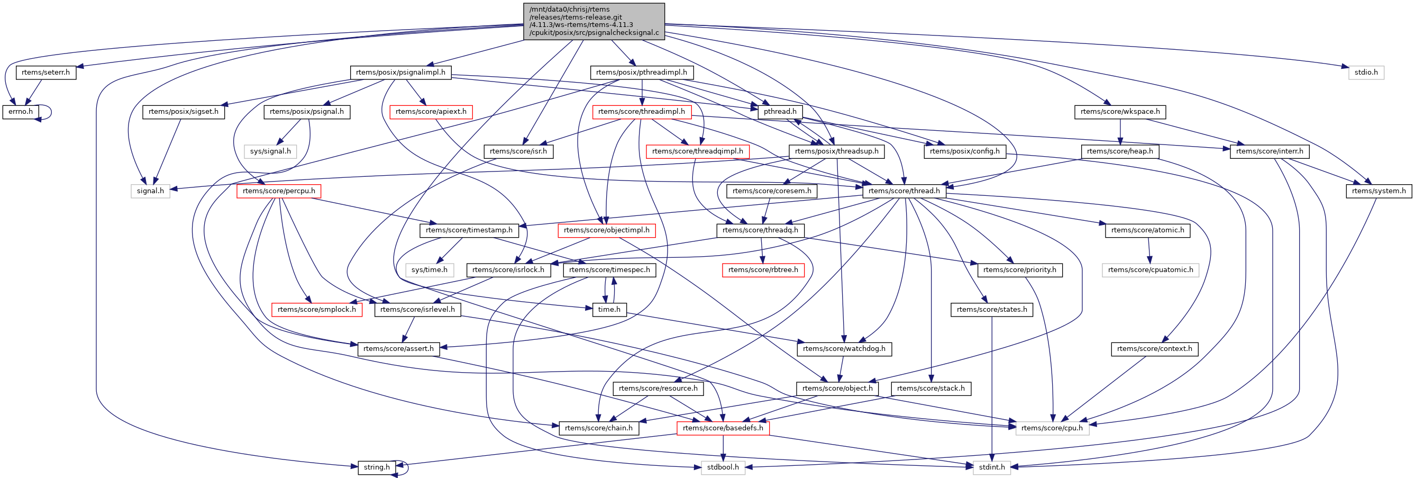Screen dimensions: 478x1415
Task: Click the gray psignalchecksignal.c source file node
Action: (594, 21)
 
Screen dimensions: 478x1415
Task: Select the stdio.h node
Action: (1366, 73)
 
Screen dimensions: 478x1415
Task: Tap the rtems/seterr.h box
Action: (45, 73)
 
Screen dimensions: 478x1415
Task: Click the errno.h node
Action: (21, 112)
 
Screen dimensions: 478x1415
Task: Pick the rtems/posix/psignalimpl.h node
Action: (400, 73)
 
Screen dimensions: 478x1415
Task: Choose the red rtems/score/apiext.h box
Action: (431, 112)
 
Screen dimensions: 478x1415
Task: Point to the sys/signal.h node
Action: (270, 151)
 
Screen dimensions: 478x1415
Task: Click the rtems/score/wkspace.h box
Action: (1120, 112)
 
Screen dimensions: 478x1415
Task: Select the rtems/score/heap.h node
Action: (1119, 151)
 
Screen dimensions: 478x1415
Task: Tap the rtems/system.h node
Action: (1379, 191)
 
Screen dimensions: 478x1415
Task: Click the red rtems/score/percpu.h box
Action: (278, 191)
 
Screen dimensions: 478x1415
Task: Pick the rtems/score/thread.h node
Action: (904, 191)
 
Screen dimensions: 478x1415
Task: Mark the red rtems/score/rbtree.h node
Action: (763, 270)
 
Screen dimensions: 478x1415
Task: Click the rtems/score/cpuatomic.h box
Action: (1150, 270)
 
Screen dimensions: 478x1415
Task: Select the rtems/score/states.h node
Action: (991, 309)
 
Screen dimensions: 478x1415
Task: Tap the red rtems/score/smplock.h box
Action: (316, 309)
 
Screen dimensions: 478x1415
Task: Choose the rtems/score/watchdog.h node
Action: (844, 349)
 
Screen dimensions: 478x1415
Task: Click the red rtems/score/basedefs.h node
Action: (723, 428)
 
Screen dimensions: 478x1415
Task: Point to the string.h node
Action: (376, 467)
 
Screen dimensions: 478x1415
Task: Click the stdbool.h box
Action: (723, 467)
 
